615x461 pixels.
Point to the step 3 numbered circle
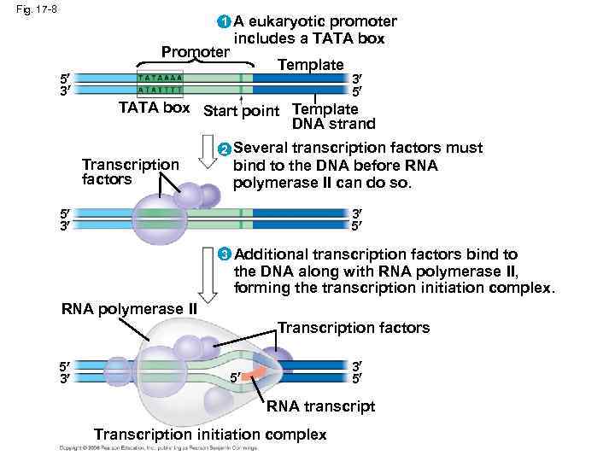pos(223,254)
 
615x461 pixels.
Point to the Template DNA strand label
pos(325,117)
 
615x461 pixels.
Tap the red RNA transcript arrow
pos(254,374)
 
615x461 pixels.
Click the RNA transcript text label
pos(320,407)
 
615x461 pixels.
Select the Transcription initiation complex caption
pos(210,435)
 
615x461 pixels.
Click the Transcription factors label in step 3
pos(354,328)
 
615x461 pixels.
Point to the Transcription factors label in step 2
pos(129,172)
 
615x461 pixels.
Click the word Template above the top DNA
pos(311,65)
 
